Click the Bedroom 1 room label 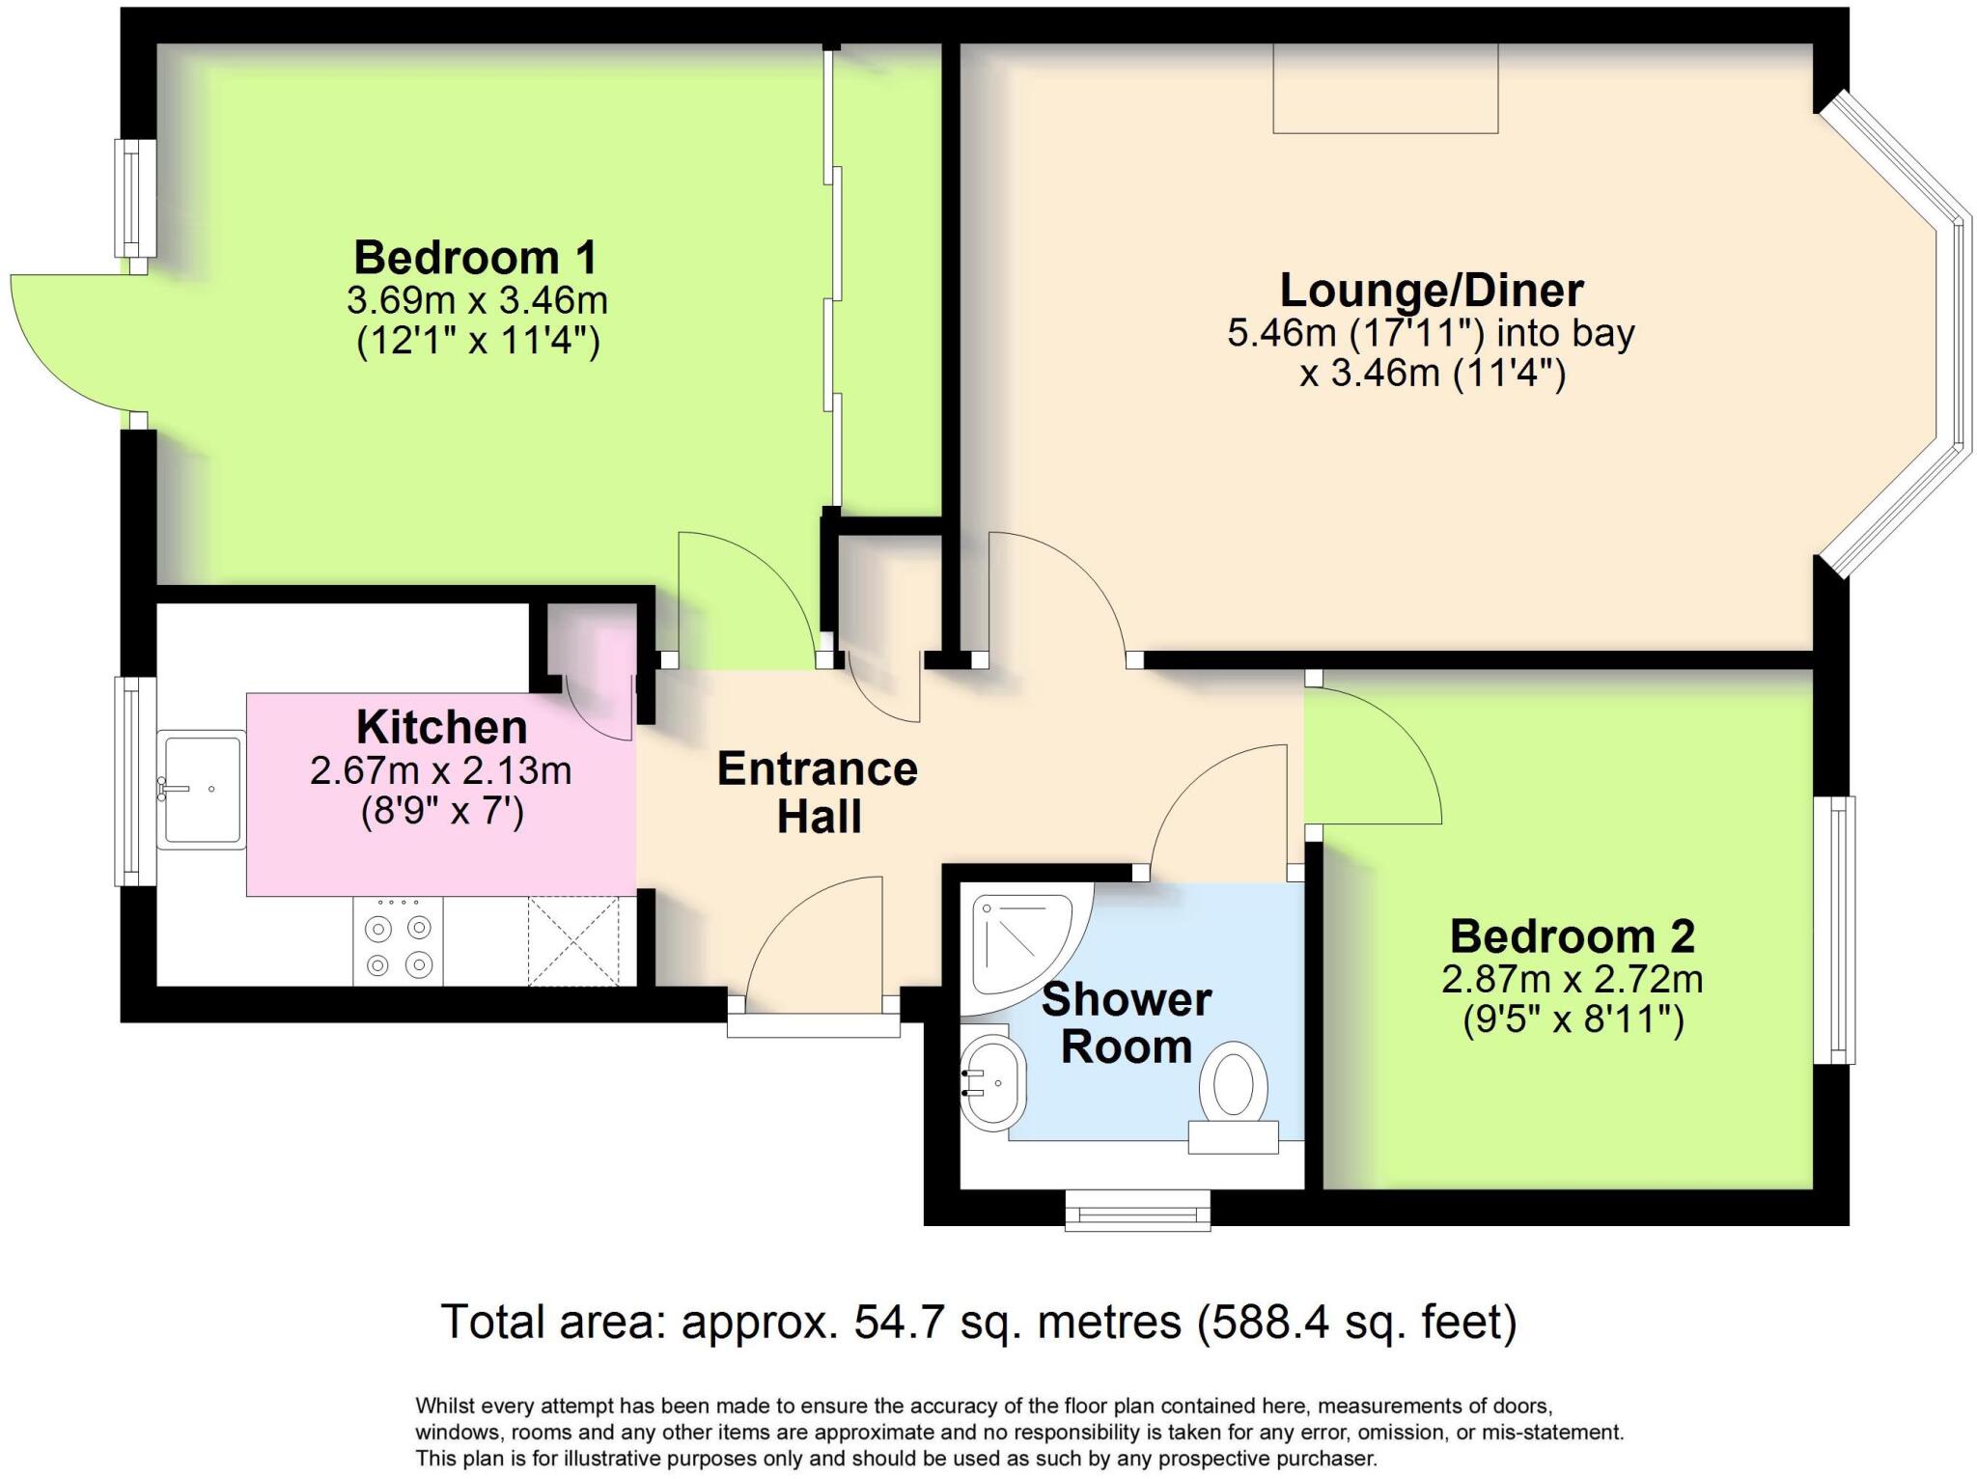[475, 258]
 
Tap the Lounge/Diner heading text [1431, 291]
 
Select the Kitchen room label [441, 727]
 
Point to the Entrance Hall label [818, 793]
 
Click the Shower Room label [1126, 1023]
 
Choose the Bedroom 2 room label [1572, 935]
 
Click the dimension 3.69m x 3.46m [477, 300]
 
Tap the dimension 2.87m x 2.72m [1572, 980]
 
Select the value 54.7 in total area [898, 1322]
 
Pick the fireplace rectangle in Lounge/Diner [1384, 88]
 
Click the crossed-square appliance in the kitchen [572, 941]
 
